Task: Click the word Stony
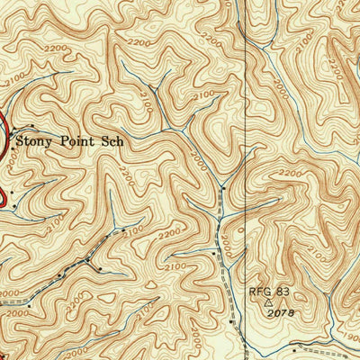[x=35, y=140]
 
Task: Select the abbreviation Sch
[x=109, y=139]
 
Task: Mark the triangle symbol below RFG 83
[x=268, y=303]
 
